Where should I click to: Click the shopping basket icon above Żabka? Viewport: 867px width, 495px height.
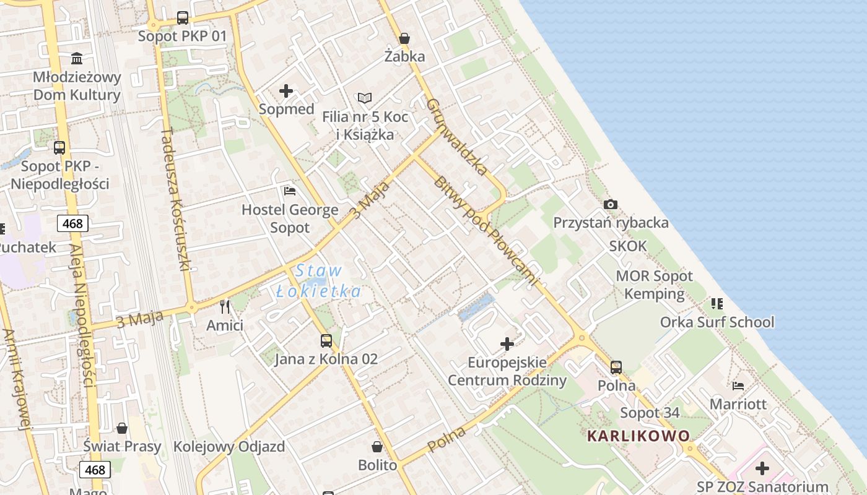(404, 39)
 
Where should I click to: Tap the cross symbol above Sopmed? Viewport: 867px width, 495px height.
(286, 92)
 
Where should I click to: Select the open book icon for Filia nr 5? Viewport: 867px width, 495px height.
(365, 98)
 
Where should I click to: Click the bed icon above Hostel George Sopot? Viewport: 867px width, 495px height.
(289, 191)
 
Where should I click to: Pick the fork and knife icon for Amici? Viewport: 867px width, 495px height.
(225, 307)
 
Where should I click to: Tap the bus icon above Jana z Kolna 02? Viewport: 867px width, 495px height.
(326, 341)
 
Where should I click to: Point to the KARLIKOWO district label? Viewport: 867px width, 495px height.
(638, 436)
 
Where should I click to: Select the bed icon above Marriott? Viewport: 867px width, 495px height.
(738, 386)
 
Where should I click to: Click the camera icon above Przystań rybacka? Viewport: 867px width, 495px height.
(611, 205)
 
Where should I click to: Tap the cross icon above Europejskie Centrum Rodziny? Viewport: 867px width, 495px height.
(507, 344)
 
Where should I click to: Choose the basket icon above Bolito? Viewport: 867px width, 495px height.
(377, 447)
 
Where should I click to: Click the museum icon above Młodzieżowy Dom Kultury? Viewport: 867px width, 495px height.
(77, 59)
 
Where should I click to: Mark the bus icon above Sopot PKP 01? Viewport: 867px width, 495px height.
(183, 18)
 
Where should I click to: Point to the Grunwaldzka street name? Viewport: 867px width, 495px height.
(457, 137)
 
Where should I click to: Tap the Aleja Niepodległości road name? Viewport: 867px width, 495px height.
(82, 316)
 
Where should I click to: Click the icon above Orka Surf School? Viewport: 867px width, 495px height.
(717, 304)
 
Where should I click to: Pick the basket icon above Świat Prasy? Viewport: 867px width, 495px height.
(122, 428)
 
